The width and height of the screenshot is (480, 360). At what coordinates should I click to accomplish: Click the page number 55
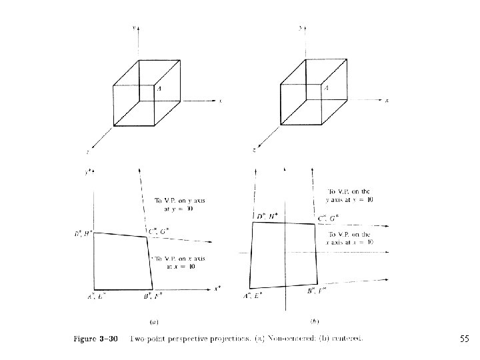(465, 339)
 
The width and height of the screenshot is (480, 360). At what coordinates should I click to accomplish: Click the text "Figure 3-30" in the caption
(95, 339)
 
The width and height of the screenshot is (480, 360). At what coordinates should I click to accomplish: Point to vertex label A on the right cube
(326, 87)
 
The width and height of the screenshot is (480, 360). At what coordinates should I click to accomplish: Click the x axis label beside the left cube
(221, 101)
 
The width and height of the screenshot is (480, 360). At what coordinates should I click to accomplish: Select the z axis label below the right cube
(255, 150)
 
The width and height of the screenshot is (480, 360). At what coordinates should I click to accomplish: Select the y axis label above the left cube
(135, 27)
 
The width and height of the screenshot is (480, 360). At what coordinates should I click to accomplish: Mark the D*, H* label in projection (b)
(267, 217)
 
